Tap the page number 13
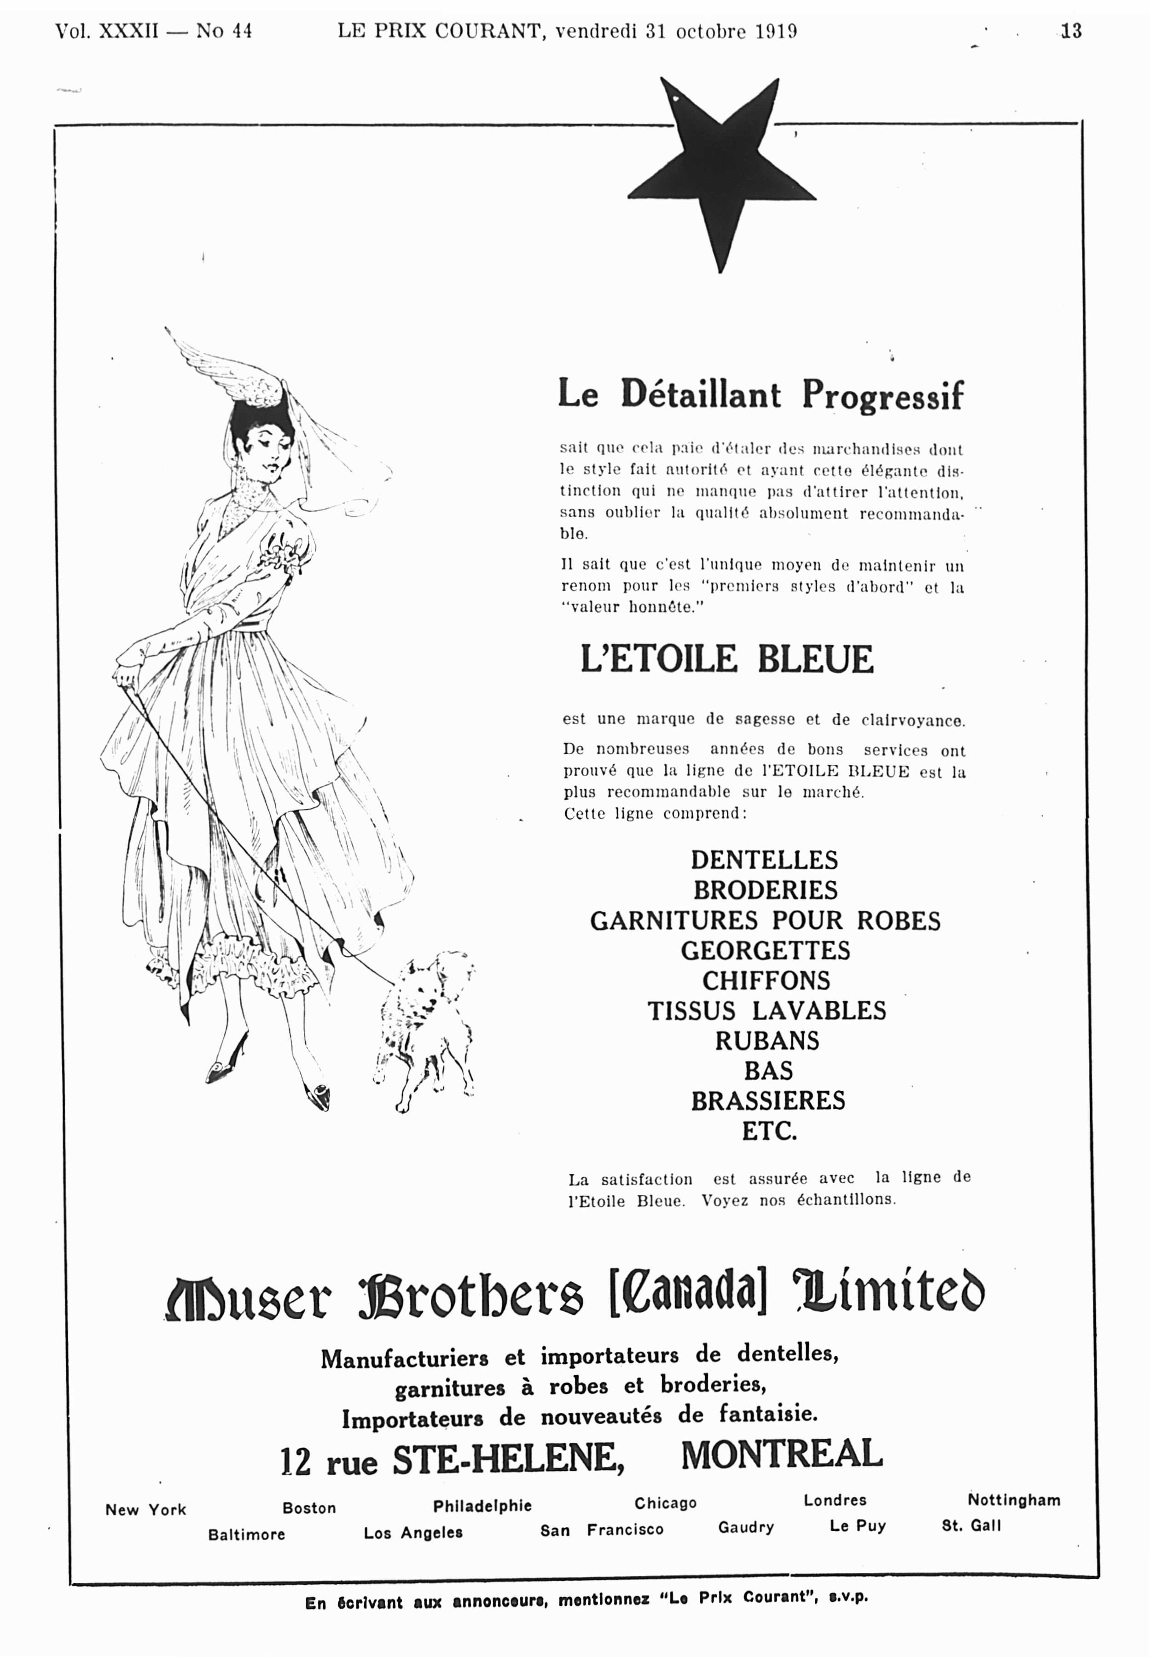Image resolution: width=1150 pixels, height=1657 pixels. [1071, 31]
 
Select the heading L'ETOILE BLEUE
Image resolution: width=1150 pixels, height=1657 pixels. [726, 659]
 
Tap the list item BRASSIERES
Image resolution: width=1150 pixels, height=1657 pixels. [767, 1101]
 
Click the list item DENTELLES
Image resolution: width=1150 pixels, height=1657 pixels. [765, 860]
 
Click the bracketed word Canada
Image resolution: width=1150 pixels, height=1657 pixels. [688, 1295]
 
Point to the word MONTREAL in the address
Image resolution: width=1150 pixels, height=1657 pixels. [782, 1454]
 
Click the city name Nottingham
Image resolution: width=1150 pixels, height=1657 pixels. [1013, 1500]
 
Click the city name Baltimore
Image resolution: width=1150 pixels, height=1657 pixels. [246, 1535]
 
